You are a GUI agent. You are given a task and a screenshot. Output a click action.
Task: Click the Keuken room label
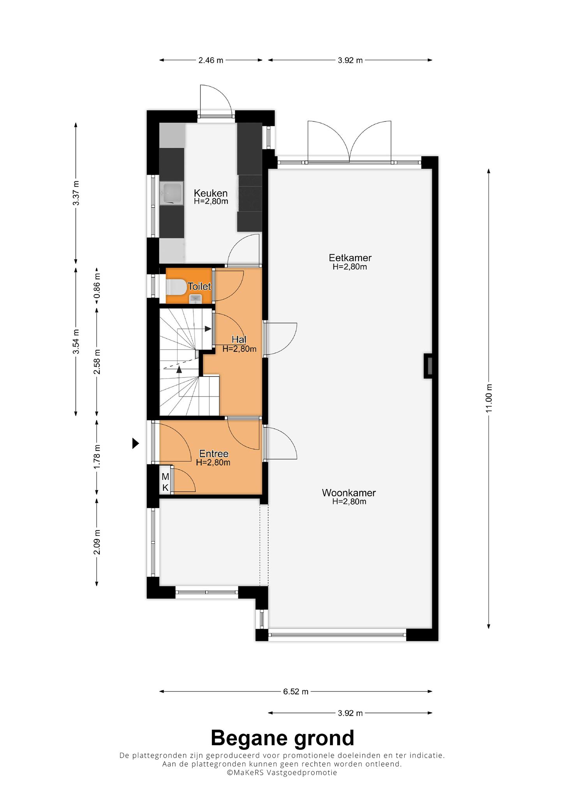[211, 193]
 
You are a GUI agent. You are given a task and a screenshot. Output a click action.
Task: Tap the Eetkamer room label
[350, 258]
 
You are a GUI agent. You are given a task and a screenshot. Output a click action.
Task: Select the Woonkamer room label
[349, 493]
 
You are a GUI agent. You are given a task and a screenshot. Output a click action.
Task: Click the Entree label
[213, 454]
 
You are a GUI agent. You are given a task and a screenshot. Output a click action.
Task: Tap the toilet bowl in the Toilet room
[176, 287]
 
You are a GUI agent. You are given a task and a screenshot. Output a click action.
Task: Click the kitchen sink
[171, 194]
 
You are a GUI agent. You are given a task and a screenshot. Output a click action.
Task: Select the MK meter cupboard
[165, 482]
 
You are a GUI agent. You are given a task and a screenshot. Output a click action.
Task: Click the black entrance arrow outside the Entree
[136, 443]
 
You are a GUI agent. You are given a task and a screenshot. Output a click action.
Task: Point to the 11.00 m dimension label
[489, 398]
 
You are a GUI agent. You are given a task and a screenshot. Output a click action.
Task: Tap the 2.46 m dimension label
[211, 60]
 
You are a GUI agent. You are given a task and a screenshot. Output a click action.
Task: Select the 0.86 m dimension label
[97, 286]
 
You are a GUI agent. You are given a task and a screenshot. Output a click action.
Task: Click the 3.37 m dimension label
[76, 193]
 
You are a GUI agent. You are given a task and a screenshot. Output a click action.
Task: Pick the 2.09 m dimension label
[97, 542]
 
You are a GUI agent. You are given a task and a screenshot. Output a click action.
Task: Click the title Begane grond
[282, 738]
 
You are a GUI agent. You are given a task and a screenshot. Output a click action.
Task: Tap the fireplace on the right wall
[428, 365]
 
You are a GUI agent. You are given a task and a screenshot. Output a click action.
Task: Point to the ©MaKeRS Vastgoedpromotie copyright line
[282, 772]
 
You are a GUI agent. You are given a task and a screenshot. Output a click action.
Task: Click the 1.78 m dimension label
[97, 456]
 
